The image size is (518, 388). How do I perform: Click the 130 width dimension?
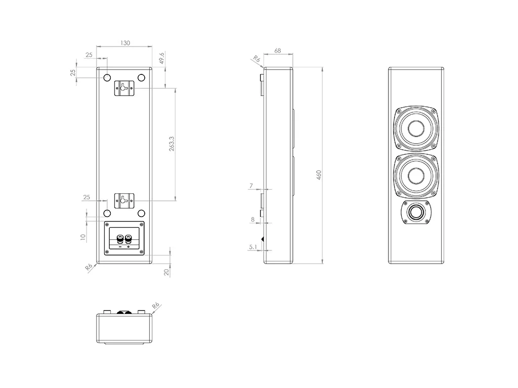(125, 43)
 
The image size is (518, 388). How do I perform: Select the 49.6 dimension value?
(162, 58)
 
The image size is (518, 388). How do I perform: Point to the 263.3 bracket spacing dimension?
(172, 144)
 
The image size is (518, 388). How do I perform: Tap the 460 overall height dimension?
(319, 175)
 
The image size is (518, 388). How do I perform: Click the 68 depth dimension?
(278, 51)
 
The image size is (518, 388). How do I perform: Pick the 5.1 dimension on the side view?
(252, 247)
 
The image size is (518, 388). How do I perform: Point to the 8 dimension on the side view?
(252, 220)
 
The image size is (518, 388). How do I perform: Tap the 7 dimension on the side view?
(251, 186)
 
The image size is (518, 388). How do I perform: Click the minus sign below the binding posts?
(120, 247)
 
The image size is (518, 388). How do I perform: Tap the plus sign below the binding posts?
(128, 247)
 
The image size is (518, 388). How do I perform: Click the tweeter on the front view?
(417, 212)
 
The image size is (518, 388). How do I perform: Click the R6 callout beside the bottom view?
(156, 306)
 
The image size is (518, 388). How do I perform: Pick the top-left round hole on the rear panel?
(107, 78)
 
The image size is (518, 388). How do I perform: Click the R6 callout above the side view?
(256, 60)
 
